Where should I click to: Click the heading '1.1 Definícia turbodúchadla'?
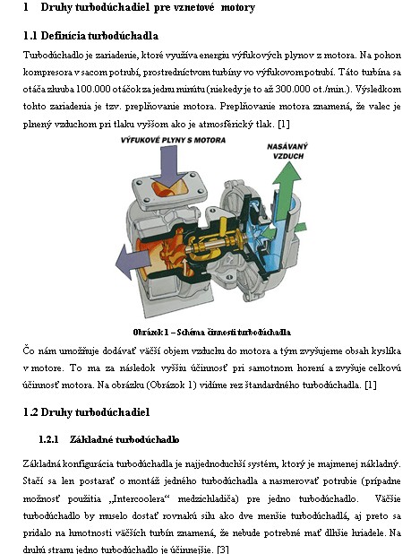point(90,36)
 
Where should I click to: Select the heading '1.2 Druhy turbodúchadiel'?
point(87,412)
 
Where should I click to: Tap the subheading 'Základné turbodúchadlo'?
point(124,439)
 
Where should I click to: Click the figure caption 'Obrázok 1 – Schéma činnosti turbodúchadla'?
point(211,332)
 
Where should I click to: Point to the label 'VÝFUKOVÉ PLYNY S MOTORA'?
point(173,140)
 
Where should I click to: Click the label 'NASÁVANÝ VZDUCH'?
point(287,151)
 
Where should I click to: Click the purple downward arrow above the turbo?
point(169,166)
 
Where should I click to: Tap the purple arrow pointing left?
point(133,262)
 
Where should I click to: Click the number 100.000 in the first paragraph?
point(93,89)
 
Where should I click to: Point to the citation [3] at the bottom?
point(223,550)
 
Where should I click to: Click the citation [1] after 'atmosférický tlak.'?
point(284,124)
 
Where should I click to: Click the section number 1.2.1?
point(48,439)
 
